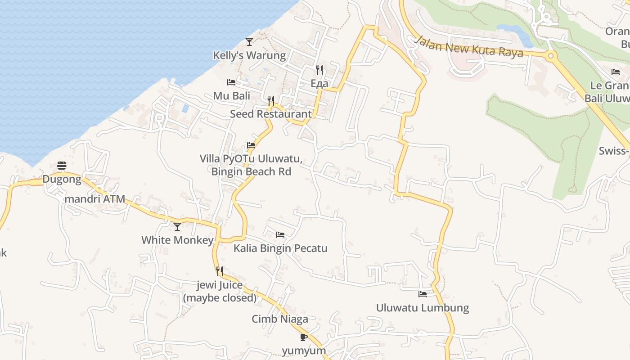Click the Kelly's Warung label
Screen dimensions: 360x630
(249, 55)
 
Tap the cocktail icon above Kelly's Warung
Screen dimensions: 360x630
(249, 42)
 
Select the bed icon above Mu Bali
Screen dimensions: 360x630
(231, 82)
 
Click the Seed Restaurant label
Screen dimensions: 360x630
(270, 114)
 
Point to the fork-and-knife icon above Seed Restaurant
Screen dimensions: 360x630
(271, 100)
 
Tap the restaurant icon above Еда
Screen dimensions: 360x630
(319, 70)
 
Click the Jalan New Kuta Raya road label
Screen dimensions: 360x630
(469, 47)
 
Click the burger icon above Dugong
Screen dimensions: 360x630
(62, 166)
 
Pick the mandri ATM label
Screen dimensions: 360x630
(94, 199)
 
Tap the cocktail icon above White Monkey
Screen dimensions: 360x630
(177, 226)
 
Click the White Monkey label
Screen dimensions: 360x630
(177, 240)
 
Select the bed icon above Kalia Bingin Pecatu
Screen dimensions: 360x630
(280, 234)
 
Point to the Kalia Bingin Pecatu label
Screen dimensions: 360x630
(280, 248)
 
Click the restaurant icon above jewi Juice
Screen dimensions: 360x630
(220, 271)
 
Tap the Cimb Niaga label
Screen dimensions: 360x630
(280, 319)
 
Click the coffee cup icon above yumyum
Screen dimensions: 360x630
(304, 337)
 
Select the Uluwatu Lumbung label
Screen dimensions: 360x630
(423, 308)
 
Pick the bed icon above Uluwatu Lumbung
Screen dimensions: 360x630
(423, 294)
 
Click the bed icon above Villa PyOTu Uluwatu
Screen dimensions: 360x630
(251, 145)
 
